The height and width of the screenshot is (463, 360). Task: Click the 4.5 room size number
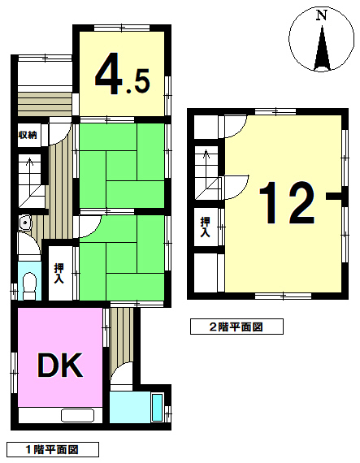point(122,74)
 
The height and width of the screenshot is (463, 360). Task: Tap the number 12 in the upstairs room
point(287,202)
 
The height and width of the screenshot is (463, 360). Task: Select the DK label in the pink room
point(59,365)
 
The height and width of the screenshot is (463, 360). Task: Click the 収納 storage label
point(28,135)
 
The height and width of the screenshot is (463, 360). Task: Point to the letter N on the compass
point(321,15)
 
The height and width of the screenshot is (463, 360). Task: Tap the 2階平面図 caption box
point(236,327)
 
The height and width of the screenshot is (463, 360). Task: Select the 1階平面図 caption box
point(53,450)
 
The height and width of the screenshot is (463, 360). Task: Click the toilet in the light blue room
point(29,286)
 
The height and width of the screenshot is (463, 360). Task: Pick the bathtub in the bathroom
point(157,408)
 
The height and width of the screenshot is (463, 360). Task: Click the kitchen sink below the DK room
point(78,416)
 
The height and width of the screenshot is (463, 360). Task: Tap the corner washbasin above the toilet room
point(25,223)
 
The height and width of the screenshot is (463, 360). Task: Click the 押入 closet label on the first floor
point(59,274)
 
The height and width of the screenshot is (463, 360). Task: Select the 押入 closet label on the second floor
point(206,227)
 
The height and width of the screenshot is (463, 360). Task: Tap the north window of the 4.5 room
point(122,28)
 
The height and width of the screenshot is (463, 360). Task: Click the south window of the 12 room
point(284,296)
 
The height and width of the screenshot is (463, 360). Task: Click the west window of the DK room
point(14,374)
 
